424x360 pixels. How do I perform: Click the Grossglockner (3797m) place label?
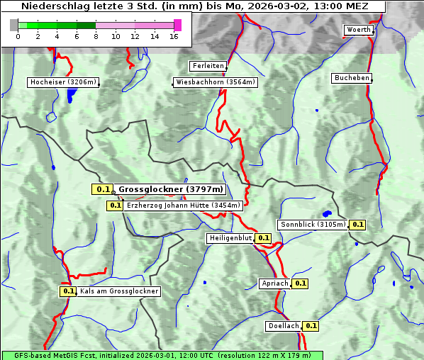171,189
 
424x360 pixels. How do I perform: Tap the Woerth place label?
357,30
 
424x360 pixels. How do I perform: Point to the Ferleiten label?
208,66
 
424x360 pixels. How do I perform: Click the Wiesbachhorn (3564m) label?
216,82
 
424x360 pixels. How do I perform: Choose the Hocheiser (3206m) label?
62,82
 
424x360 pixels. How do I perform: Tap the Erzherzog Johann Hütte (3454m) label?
184,206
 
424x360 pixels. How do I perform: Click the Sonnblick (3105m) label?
313,225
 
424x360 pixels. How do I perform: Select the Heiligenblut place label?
229,238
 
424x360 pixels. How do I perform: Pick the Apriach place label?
275,283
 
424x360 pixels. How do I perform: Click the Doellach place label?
284,326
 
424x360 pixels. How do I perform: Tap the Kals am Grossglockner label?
118,291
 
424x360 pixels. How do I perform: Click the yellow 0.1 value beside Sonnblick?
357,225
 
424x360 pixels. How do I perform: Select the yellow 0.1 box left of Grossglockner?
103,189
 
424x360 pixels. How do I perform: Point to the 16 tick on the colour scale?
173,36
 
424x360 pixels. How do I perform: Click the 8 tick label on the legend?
95,36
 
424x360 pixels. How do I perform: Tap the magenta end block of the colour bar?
177,25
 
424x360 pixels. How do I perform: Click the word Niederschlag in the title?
52,6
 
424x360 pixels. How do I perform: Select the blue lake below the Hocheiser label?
69,96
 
